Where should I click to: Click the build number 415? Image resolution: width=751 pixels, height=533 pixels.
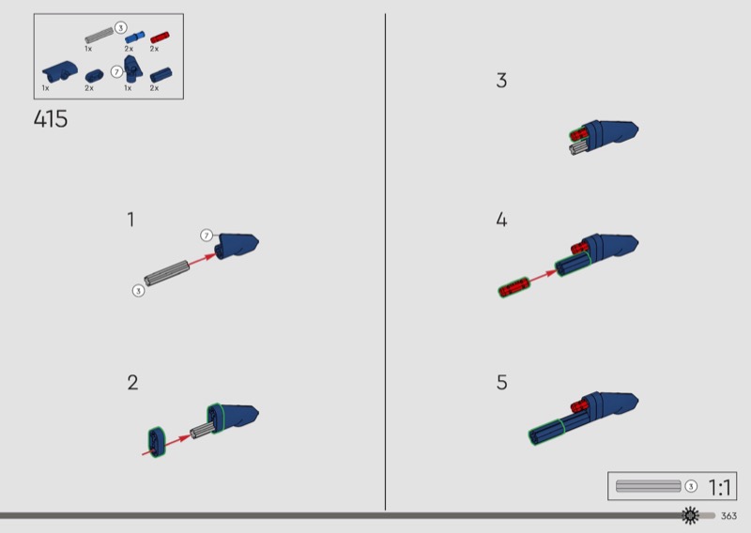(x=51, y=119)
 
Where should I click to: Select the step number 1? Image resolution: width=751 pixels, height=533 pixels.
(x=130, y=220)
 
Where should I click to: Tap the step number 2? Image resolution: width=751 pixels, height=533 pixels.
(x=132, y=383)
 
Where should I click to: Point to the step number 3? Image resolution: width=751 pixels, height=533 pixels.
(x=501, y=81)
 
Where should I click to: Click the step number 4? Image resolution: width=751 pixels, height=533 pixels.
(x=501, y=220)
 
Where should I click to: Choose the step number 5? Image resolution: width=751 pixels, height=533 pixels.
(x=501, y=383)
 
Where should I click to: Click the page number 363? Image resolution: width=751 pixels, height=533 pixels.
(x=728, y=516)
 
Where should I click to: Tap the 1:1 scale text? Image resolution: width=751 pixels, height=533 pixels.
(x=719, y=488)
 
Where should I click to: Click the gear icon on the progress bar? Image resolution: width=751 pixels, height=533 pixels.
(x=690, y=515)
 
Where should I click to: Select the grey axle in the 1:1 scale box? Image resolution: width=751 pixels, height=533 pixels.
(x=648, y=486)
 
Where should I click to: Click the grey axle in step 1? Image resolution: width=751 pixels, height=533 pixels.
(x=167, y=273)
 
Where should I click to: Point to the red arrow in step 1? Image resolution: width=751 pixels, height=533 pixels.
(x=202, y=259)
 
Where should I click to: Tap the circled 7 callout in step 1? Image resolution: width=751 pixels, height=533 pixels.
(x=207, y=236)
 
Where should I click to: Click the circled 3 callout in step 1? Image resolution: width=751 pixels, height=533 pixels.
(x=138, y=291)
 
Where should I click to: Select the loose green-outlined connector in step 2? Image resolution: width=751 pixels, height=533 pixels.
(x=157, y=442)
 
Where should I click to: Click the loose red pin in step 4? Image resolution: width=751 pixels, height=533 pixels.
(x=513, y=287)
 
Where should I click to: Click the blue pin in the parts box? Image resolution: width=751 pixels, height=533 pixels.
(x=134, y=38)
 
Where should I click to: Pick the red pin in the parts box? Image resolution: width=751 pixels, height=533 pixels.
(x=160, y=38)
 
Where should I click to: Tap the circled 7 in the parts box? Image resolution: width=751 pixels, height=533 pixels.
(x=116, y=72)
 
